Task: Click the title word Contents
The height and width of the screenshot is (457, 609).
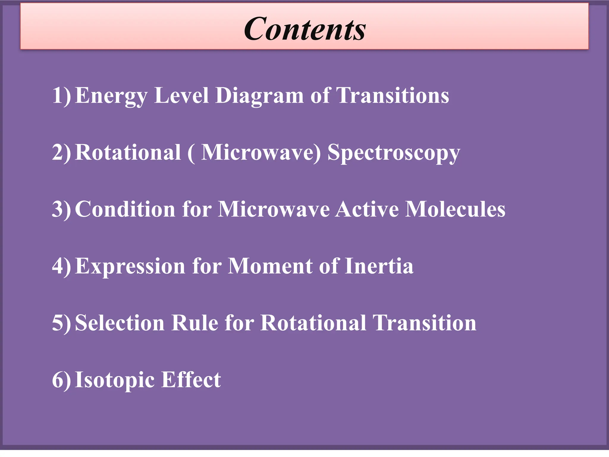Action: tap(305, 29)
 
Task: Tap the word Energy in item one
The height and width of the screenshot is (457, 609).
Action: tap(111, 96)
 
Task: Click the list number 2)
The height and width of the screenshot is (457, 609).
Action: tap(62, 152)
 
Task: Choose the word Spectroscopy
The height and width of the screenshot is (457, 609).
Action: tap(394, 153)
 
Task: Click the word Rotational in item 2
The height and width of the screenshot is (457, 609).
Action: tap(128, 152)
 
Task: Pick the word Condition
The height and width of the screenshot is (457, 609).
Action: tap(125, 209)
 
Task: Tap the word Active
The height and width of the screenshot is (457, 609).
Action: tap(367, 209)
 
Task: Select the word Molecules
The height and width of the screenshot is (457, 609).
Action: tap(455, 209)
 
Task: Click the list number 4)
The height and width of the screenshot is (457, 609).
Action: tap(62, 266)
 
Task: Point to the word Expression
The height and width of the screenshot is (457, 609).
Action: tap(130, 266)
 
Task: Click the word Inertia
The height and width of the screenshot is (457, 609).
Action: tap(379, 266)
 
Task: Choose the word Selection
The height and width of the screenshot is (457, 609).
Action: tap(120, 323)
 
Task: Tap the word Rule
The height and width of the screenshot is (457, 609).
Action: tap(195, 323)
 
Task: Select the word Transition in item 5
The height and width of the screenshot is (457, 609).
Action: tap(424, 323)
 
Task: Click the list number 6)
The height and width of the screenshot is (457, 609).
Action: tap(62, 380)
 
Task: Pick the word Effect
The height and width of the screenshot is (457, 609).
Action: tap(191, 380)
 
